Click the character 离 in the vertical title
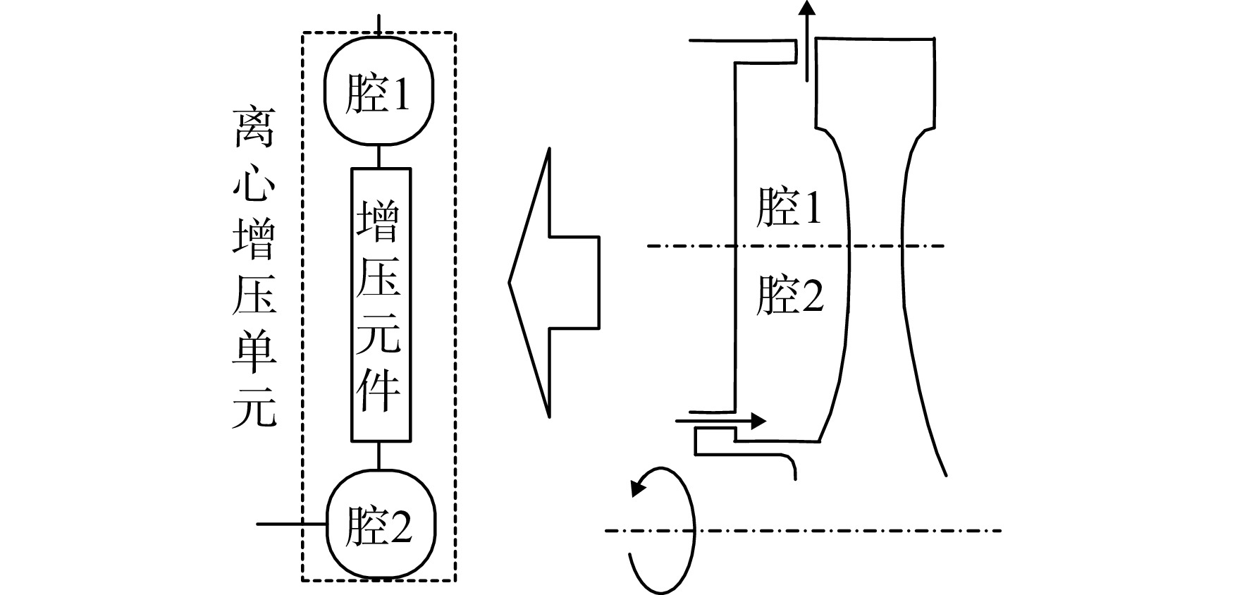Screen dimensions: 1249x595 [x=254, y=128]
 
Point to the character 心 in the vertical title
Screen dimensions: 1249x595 [x=254, y=185]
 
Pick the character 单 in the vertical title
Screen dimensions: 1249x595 [x=254, y=350]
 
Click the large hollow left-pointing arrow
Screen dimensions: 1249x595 [x=554, y=282]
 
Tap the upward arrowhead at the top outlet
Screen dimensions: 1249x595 [x=807, y=8]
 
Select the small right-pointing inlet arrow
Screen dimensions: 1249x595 [x=720, y=422]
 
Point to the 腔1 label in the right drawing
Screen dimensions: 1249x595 [x=789, y=207]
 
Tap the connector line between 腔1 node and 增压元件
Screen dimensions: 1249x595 [x=380, y=157]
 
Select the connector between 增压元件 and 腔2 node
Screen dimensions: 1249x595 [x=380, y=456]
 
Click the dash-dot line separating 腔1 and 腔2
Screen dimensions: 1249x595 [x=794, y=246]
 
